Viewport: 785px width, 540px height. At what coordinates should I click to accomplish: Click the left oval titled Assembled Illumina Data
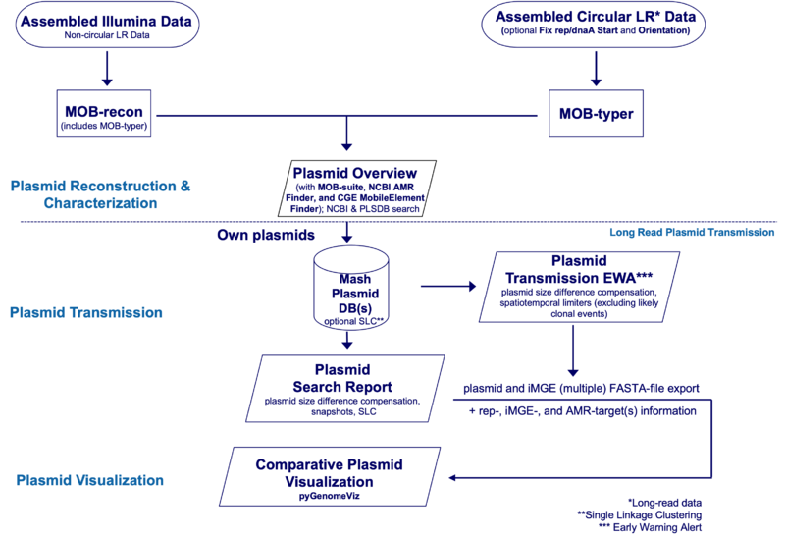107,26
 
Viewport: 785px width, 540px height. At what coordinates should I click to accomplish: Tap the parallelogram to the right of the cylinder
573,287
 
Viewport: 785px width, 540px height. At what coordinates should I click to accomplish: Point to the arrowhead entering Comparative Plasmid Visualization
454,479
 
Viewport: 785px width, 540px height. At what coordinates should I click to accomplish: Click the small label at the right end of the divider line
692,233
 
